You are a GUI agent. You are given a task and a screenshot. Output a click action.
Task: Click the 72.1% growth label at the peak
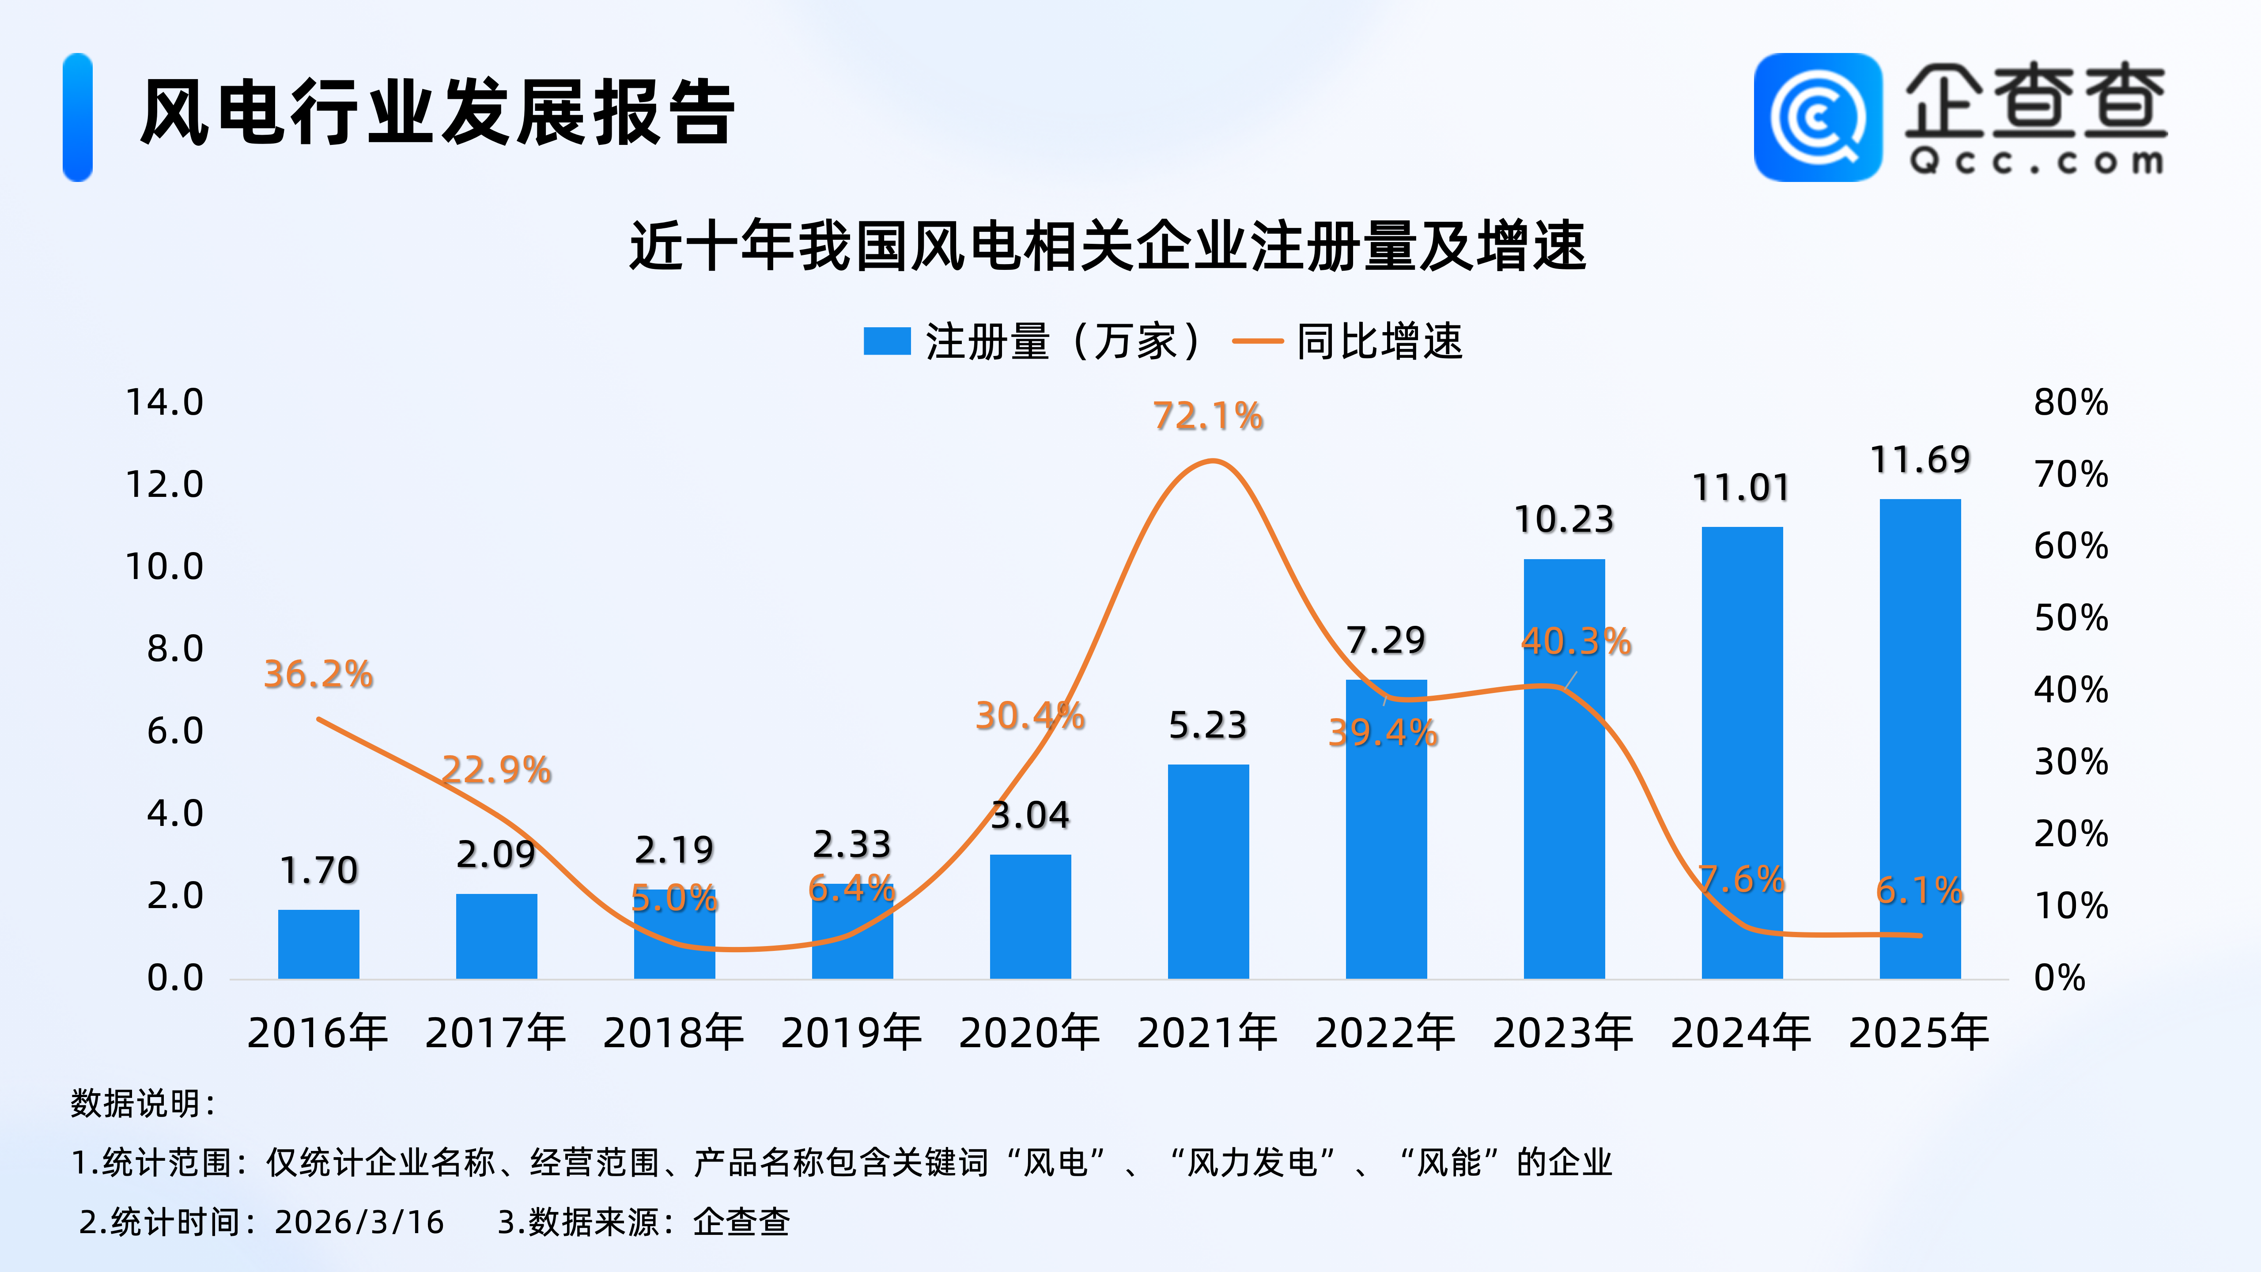coord(1208,416)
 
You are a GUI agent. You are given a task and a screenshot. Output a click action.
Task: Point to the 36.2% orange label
coord(318,674)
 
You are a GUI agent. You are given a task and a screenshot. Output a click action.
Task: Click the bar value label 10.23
coord(1564,520)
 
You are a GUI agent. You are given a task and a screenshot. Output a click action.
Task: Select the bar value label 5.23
coord(1208,725)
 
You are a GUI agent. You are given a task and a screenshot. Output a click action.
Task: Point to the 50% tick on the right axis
coord(2071,618)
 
